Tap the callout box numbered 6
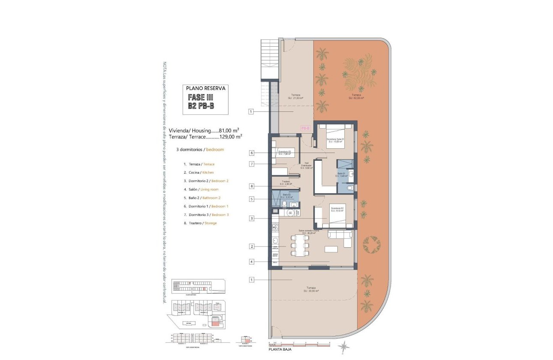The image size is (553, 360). tap(252, 153)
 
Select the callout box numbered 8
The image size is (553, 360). tap(252, 186)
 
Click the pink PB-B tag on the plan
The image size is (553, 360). tap(305, 128)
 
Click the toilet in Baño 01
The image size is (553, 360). tap(349, 188)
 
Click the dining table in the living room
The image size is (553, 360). tap(299, 246)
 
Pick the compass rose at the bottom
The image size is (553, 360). tap(343, 346)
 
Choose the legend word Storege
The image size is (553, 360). tap(210, 223)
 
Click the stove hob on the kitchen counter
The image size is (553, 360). tap(275, 227)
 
